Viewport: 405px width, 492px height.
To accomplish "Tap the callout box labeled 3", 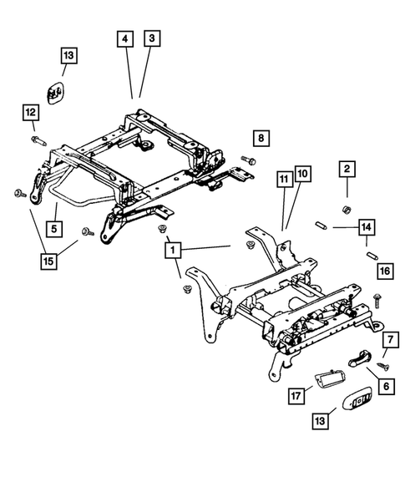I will (151, 39).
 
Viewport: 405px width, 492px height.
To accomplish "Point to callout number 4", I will (124, 39).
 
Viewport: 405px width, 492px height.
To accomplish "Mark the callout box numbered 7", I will (389, 340).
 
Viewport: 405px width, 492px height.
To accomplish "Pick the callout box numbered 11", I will (283, 178).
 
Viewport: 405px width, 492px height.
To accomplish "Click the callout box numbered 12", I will (30, 111).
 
